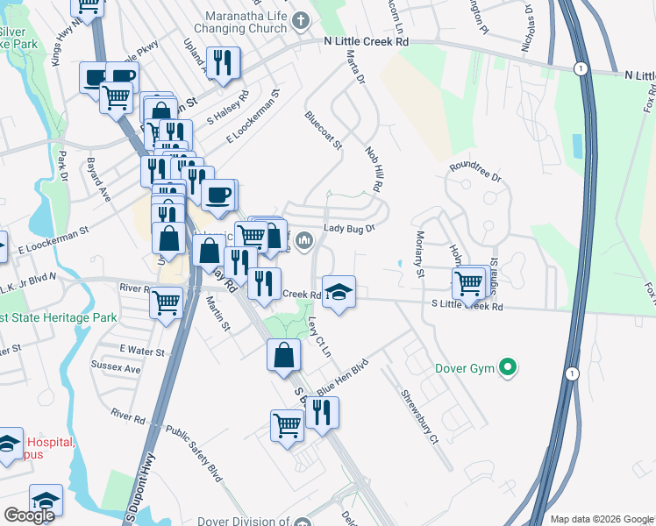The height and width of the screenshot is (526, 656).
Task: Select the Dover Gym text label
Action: (464, 368)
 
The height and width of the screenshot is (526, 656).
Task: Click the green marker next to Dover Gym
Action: (506, 368)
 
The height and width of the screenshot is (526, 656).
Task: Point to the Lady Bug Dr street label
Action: (349, 229)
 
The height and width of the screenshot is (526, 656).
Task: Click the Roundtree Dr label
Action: (474, 171)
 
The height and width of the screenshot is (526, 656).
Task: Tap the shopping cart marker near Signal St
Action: (469, 283)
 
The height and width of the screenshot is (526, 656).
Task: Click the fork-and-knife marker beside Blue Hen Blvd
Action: (321, 412)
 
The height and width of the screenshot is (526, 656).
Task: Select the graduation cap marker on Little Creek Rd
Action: (338, 292)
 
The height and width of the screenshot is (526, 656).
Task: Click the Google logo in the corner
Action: (29, 515)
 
